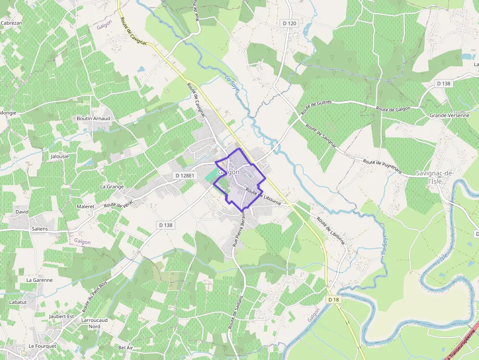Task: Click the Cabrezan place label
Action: click(x=11, y=23)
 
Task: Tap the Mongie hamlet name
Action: click(x=8, y=113)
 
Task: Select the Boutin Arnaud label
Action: click(x=93, y=118)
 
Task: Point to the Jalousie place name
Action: click(x=60, y=156)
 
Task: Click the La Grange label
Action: click(x=112, y=187)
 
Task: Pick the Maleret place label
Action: click(x=86, y=207)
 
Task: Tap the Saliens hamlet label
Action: click(x=40, y=229)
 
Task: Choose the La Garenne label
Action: click(x=39, y=280)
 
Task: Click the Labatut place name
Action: click(x=18, y=302)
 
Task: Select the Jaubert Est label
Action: click(x=62, y=316)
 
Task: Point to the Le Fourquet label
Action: click(x=43, y=346)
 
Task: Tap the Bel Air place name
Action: click(x=126, y=347)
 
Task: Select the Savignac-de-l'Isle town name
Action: click(x=435, y=177)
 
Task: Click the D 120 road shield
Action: click(x=290, y=23)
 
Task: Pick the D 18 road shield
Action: click(x=333, y=299)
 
